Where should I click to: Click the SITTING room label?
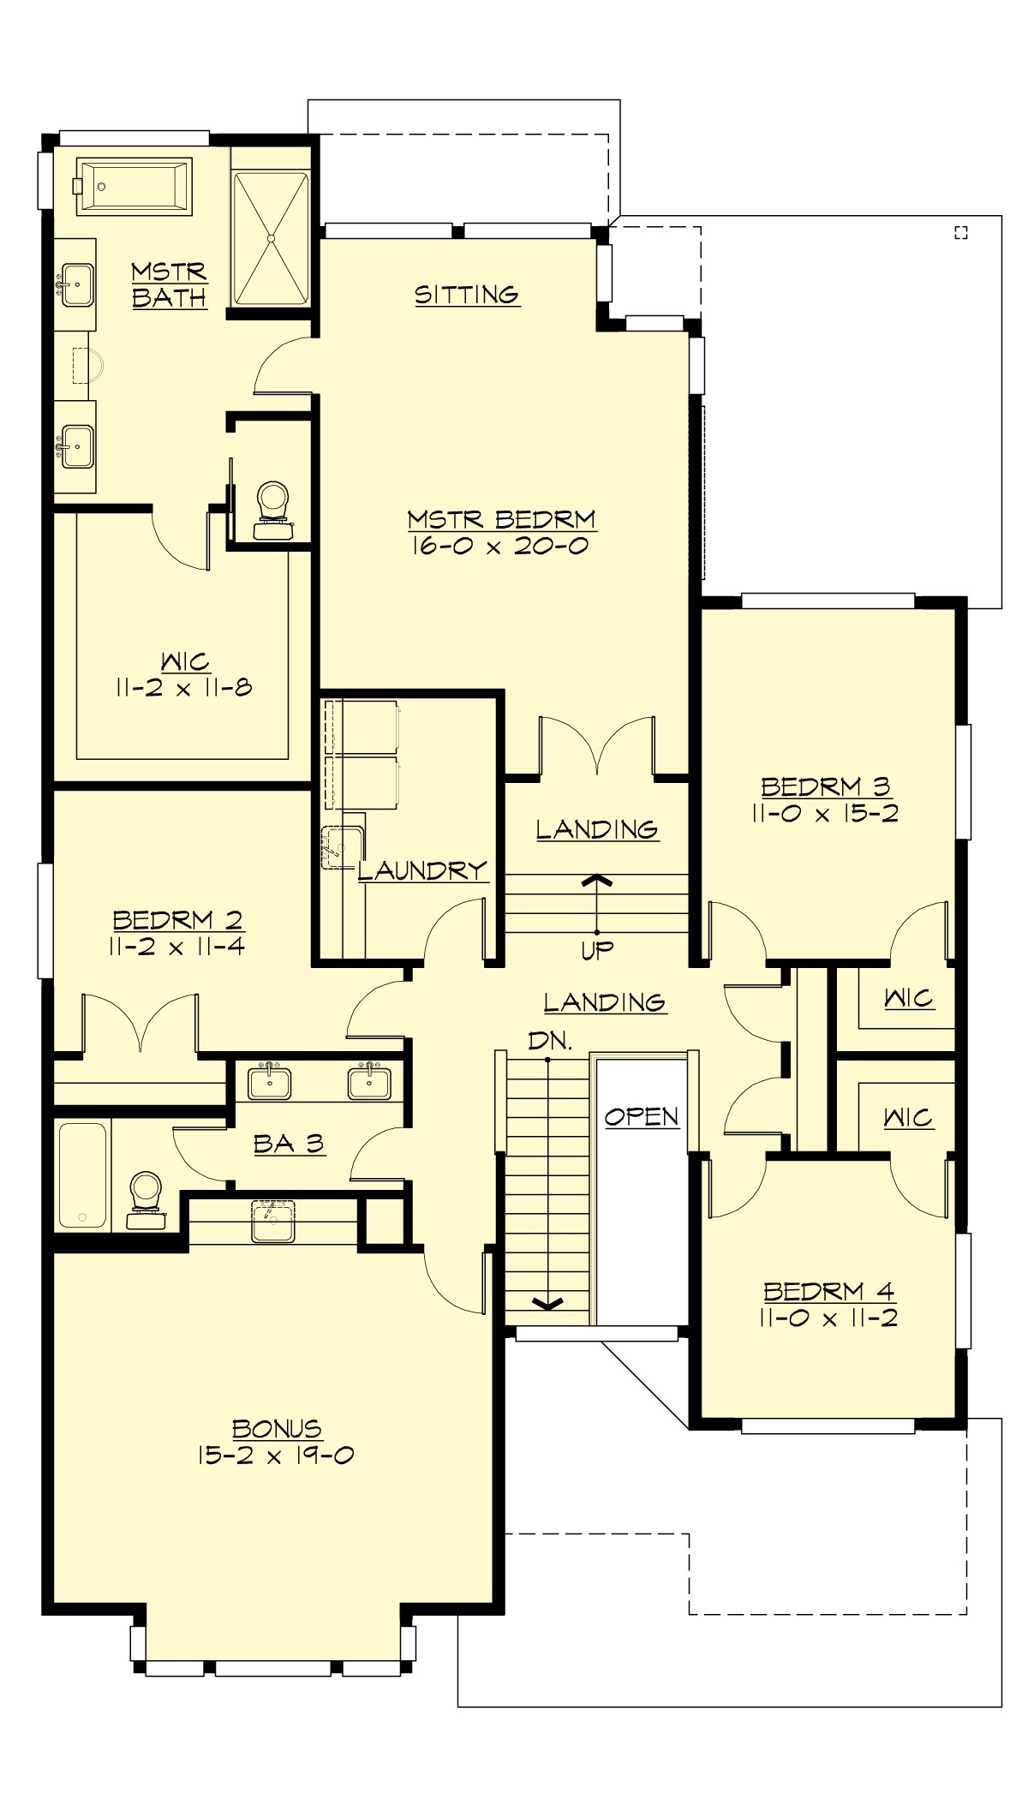[x=467, y=295]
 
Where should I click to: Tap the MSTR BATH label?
[x=170, y=284]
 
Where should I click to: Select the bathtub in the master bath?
[x=134, y=186]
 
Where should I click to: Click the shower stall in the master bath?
[x=271, y=238]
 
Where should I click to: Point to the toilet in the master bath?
[x=272, y=509]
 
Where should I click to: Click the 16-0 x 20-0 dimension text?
[x=500, y=547]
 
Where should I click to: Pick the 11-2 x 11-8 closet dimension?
[x=184, y=687]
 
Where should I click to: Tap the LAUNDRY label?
[x=422, y=870]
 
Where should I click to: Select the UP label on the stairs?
[x=597, y=950]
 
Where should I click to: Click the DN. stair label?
[x=550, y=1041]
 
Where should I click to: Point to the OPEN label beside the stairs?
[x=642, y=1117]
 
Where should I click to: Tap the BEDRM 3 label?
[x=826, y=786]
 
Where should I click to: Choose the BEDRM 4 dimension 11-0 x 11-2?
[x=828, y=1318]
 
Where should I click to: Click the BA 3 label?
[x=289, y=1144]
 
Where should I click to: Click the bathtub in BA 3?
[x=83, y=1174]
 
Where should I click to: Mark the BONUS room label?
[x=277, y=1428]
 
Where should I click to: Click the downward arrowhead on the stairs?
[x=548, y=1304]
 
